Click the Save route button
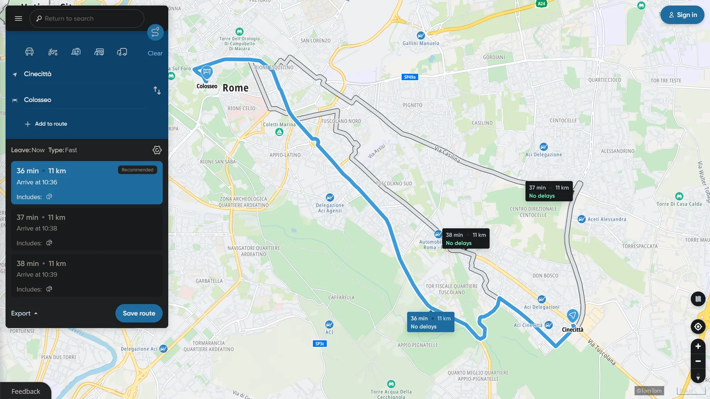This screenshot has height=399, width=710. (139, 313)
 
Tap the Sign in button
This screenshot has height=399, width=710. (682, 15)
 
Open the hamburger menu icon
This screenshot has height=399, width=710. (18, 18)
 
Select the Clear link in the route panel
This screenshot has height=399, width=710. (155, 53)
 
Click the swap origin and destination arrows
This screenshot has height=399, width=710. (157, 91)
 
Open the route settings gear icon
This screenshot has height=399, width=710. (157, 150)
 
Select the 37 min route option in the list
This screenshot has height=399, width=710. (87, 229)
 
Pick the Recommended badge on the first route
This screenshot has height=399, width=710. (138, 170)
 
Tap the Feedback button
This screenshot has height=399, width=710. (26, 391)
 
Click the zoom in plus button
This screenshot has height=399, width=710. (698, 346)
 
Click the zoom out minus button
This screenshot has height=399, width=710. (698, 361)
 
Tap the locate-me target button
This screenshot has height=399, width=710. (698, 327)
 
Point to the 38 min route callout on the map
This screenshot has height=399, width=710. (466, 239)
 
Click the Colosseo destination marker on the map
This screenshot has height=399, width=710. (207, 72)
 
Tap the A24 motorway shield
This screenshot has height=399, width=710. (541, 4)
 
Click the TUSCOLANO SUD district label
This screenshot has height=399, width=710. (394, 184)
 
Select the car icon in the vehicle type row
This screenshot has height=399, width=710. (30, 52)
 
